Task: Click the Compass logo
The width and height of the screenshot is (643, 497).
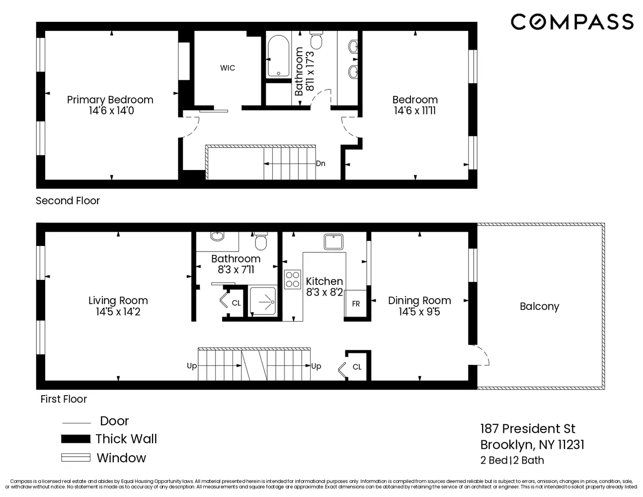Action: (572, 22)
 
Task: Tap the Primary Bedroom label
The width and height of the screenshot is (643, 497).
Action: (110, 100)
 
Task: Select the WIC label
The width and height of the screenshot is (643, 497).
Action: (228, 68)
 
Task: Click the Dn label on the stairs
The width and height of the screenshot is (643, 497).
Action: (321, 164)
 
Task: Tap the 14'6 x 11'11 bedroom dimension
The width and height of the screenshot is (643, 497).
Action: (415, 111)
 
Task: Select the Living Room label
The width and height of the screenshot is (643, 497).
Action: (118, 301)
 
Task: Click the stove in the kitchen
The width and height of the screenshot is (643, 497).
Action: (292, 279)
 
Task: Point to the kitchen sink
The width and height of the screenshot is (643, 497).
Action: (334, 242)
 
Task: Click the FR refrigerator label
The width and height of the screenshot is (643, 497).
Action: (356, 304)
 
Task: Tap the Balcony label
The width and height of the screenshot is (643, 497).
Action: (539, 306)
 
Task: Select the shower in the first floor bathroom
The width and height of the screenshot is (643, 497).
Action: (262, 301)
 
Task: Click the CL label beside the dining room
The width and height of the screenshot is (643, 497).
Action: (357, 367)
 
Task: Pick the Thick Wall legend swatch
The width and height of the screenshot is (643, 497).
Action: (76, 439)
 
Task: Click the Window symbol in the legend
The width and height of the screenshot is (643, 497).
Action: (76, 458)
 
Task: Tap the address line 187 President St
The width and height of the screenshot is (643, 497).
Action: (528, 428)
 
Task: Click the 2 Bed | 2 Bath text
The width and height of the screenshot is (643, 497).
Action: (512, 460)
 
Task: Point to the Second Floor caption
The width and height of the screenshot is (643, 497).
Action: (68, 201)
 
